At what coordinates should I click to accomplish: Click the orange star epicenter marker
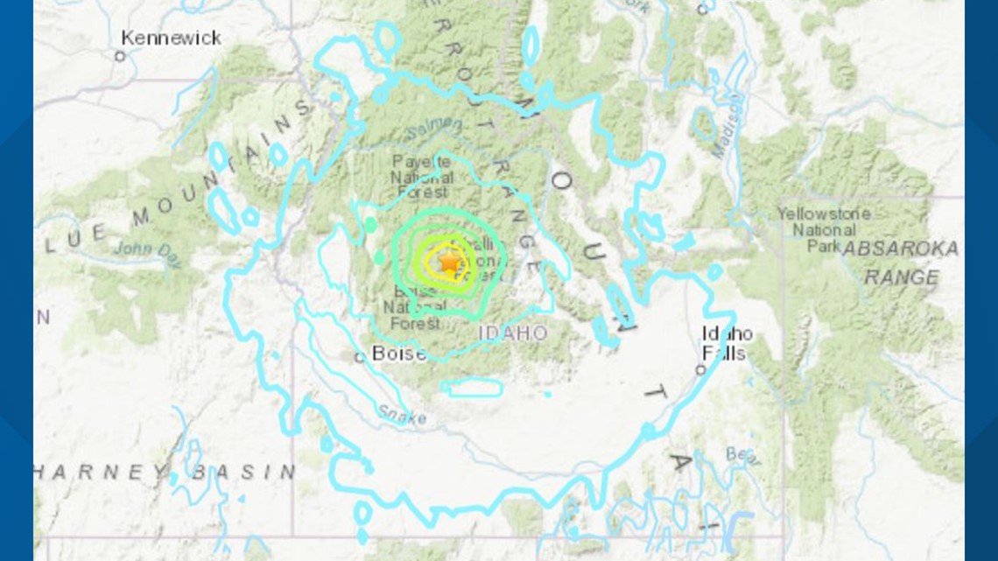(x=449, y=261)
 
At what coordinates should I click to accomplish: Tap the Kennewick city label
(x=171, y=39)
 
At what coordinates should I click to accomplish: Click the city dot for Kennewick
(x=120, y=56)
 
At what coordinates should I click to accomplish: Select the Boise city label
(x=399, y=354)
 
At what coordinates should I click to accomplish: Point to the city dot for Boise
(x=359, y=357)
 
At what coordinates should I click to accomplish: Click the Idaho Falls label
(x=727, y=343)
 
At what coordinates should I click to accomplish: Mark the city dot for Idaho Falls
(x=700, y=370)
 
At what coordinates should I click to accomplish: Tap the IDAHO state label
(x=513, y=333)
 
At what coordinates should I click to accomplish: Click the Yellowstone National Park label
(x=823, y=229)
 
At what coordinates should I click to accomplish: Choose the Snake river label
(x=402, y=414)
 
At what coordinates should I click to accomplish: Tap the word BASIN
(x=244, y=472)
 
